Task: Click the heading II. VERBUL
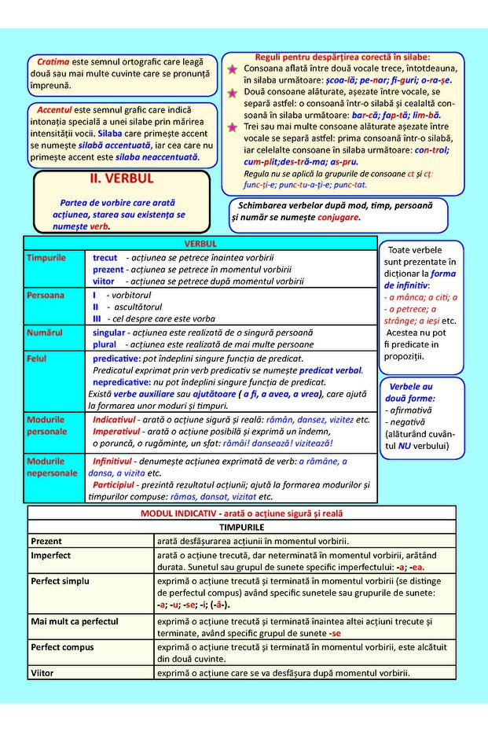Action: click(x=122, y=179)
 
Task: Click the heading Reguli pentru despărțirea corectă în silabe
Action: click(x=343, y=57)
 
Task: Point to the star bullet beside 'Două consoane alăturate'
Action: click(x=232, y=93)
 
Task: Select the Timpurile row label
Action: click(x=46, y=258)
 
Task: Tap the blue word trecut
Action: click(x=105, y=258)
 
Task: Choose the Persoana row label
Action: click(x=46, y=296)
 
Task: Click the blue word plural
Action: click(x=105, y=344)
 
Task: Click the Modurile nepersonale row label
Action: click(x=52, y=467)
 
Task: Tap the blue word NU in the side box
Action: click(x=405, y=446)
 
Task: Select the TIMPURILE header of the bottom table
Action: click(x=241, y=527)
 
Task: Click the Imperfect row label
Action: click(x=51, y=555)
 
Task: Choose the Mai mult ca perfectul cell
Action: click(x=74, y=621)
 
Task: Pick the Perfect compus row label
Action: click(x=62, y=647)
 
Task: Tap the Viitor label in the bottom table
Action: click(x=42, y=673)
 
